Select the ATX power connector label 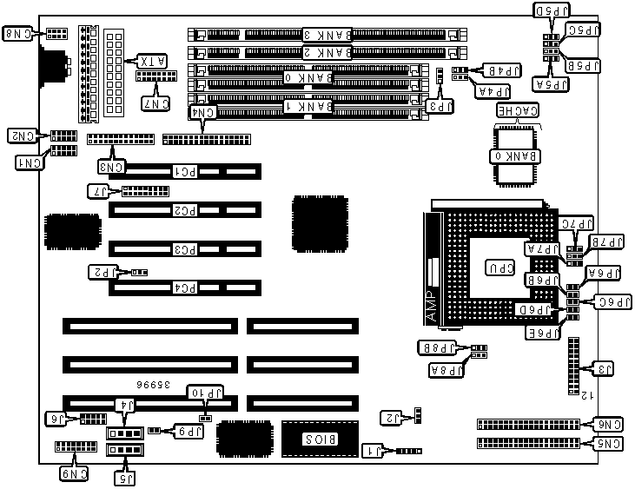149,62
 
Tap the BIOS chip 313,438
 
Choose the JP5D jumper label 553,10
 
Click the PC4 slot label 184,286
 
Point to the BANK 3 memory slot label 328,35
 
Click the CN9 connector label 73,473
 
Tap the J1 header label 372,451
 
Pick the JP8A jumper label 444,369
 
